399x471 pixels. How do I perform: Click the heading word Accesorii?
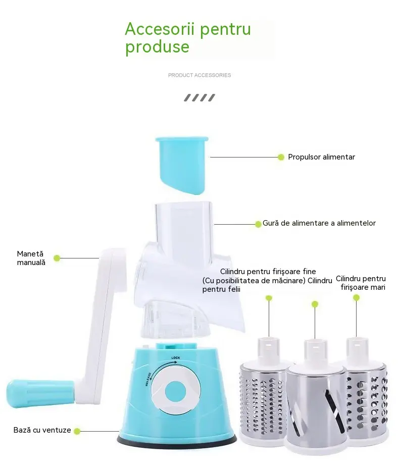pos(160,29)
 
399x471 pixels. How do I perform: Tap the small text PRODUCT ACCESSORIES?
pos(199,75)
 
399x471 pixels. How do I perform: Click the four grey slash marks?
pos(199,97)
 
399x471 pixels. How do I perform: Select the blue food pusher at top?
pos(182,165)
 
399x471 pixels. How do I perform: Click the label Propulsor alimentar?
pos(322,157)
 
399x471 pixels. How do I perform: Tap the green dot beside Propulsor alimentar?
pos(281,157)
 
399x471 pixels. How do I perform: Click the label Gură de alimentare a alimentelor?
pos(319,223)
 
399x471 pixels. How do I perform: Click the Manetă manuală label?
pos(31,258)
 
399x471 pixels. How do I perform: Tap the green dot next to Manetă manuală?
pos(57,258)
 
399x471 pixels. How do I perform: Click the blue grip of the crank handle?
pos(40,393)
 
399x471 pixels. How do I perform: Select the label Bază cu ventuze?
pos(42,430)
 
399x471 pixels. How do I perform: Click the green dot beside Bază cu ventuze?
pos(77,431)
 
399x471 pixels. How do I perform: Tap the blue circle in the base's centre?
pos(176,393)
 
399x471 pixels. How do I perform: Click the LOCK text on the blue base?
pos(176,358)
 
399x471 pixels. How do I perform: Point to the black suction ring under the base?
pos(177,441)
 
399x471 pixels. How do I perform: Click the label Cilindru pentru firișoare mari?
pos(361,283)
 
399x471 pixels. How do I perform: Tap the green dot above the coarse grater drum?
pos(357,298)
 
